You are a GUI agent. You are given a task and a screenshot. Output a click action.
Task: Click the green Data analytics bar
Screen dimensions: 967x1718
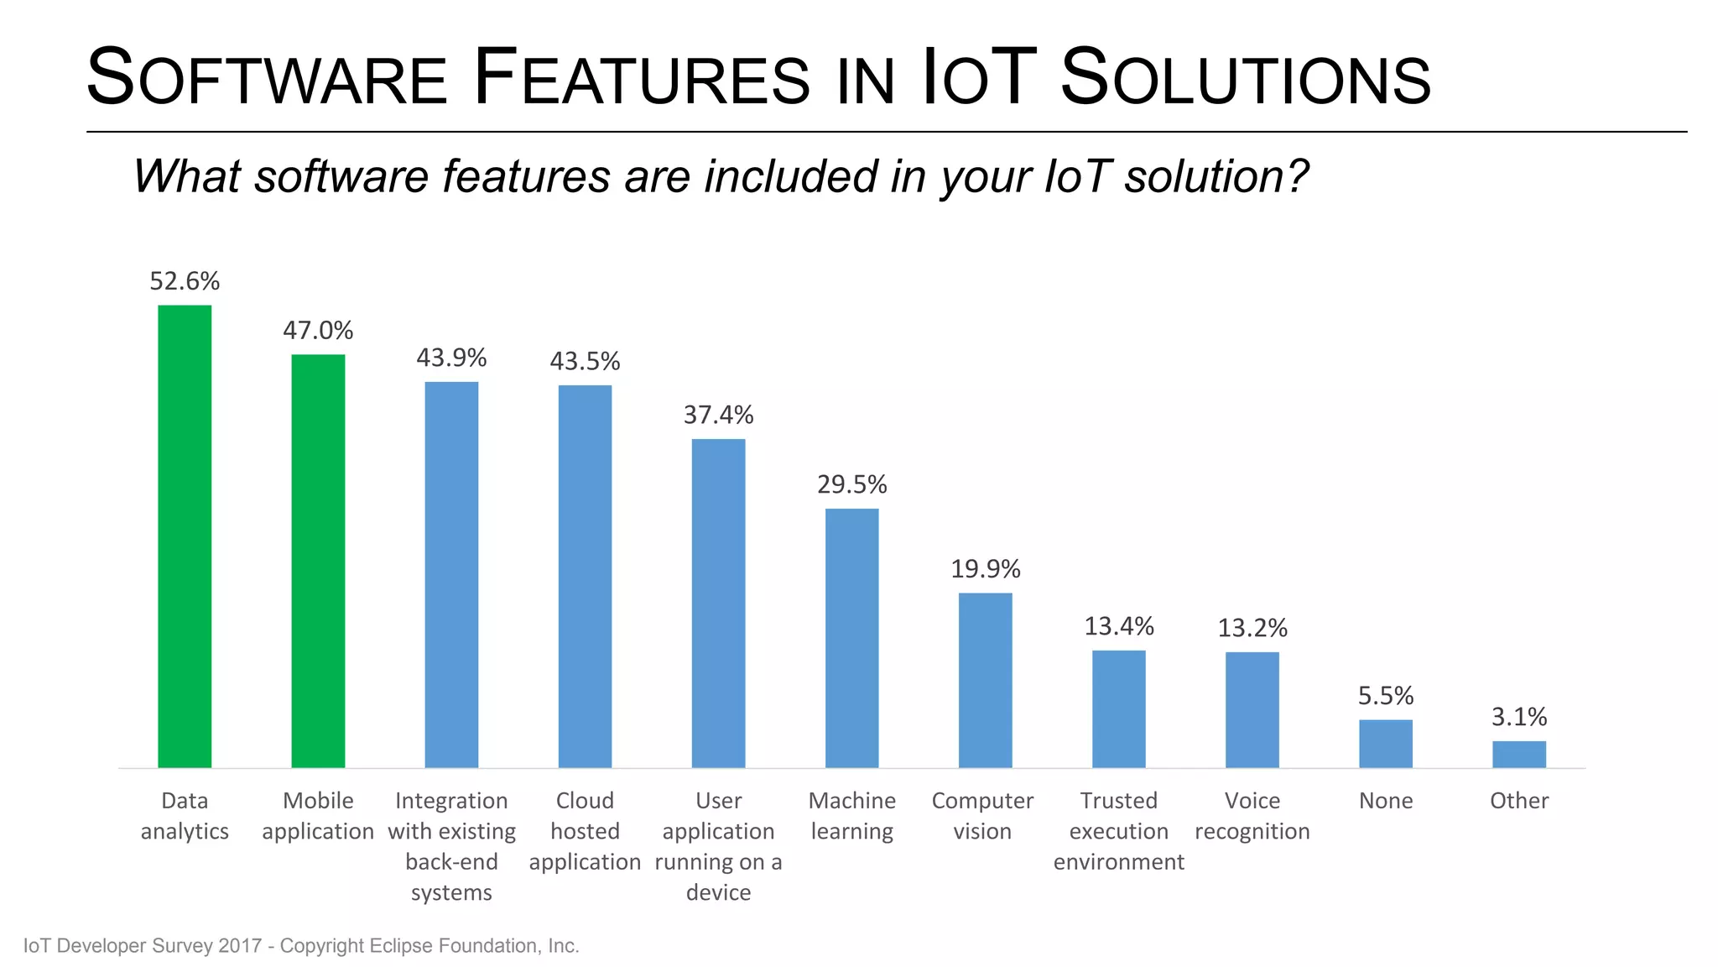[x=185, y=537]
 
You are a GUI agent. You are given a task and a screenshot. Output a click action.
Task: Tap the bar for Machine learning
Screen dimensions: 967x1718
[x=851, y=638]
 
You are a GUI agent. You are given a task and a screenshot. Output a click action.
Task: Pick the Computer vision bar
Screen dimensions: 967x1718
[x=985, y=680]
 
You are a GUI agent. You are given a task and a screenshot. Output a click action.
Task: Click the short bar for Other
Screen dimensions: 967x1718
[x=1518, y=754]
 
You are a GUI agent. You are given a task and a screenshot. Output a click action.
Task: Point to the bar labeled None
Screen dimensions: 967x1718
[x=1385, y=744]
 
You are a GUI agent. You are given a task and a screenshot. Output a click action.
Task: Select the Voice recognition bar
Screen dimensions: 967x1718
[x=1252, y=709]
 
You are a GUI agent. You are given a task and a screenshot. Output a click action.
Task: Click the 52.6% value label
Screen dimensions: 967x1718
[x=185, y=281]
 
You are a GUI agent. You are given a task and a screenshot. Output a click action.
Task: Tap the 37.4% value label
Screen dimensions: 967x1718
[x=718, y=415]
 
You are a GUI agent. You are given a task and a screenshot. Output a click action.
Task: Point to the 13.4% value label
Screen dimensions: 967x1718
[x=1119, y=626]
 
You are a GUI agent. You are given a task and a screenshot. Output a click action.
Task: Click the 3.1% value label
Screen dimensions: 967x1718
[x=1518, y=717]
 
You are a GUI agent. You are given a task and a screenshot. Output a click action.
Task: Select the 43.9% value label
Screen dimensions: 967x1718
[x=451, y=358]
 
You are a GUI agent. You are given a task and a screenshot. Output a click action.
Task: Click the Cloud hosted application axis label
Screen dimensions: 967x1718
[x=585, y=831]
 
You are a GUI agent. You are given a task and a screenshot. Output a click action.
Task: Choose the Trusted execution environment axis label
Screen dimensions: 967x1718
[x=1118, y=831]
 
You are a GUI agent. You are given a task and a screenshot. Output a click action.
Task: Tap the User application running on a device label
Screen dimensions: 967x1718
[x=718, y=846]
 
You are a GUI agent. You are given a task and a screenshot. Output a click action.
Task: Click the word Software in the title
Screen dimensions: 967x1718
[x=267, y=78]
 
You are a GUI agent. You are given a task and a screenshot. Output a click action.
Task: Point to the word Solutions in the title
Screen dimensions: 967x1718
[x=1245, y=78]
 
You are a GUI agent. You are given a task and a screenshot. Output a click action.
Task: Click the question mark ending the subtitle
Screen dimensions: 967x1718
[x=1296, y=176]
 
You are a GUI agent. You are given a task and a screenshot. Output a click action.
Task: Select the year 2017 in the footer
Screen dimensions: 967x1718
[x=240, y=946]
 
